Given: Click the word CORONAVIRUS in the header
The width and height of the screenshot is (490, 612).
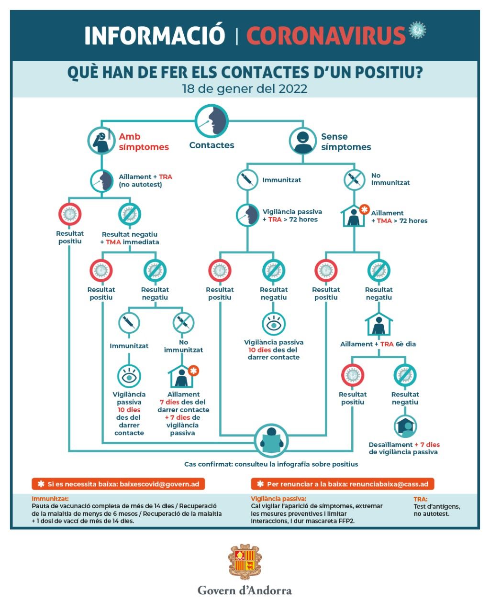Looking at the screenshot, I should pyautogui.click(x=326, y=35).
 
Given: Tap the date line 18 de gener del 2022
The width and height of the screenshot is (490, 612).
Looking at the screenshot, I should pyautogui.click(x=245, y=89).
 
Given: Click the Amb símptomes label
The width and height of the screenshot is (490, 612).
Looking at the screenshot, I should pyautogui.click(x=144, y=142).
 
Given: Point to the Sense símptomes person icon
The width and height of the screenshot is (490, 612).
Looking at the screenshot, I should pyautogui.click(x=303, y=141).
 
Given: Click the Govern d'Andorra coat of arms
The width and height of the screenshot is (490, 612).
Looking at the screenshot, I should pyautogui.click(x=245, y=562).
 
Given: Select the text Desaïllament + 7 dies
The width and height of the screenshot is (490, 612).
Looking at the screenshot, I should pyautogui.click(x=404, y=444).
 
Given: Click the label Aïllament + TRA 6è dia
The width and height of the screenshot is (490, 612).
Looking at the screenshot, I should pyautogui.click(x=378, y=344).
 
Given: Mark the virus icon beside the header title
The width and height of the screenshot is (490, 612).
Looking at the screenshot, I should pyautogui.click(x=418, y=30).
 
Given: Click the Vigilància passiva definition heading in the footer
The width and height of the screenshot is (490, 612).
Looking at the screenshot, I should pyautogui.click(x=278, y=499).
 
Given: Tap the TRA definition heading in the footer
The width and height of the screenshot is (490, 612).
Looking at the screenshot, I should pyautogui.click(x=421, y=499).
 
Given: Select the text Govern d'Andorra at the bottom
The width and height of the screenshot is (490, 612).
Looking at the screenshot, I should pyautogui.click(x=245, y=590).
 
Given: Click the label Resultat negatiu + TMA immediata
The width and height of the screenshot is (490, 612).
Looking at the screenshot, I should pyautogui.click(x=130, y=238).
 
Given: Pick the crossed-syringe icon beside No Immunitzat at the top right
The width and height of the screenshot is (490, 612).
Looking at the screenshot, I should pyautogui.click(x=355, y=179).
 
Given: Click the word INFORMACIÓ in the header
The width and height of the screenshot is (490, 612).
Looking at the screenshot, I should pyautogui.click(x=155, y=35).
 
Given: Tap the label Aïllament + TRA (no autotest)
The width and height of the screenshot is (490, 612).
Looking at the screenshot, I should pyautogui.click(x=145, y=180).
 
